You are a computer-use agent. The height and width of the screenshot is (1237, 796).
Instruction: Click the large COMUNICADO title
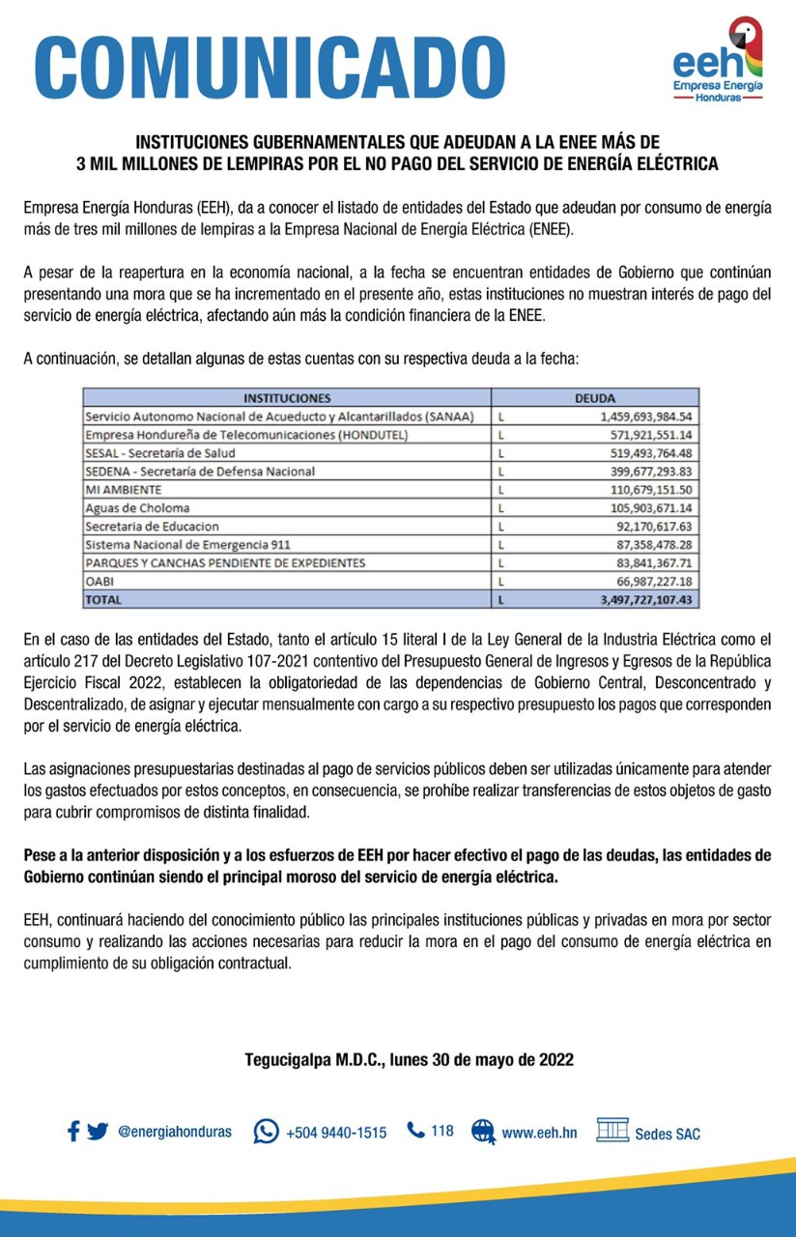[270, 65]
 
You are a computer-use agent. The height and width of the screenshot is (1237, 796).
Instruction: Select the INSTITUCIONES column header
[287, 397]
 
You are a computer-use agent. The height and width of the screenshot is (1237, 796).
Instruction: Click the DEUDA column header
[595, 397]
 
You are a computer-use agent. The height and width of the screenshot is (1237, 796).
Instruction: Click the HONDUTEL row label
[246, 435]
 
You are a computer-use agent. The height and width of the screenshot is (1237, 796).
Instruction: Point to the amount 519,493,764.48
[651, 453]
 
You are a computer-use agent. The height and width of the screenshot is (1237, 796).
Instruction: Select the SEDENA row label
[200, 472]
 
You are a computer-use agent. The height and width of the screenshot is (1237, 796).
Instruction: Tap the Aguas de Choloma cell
[137, 508]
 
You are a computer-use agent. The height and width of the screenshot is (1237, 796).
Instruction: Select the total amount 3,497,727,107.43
[647, 600]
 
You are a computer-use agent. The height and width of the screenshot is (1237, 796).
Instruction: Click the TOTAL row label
[104, 600]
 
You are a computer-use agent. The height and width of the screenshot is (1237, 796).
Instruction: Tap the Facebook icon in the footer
[73, 1132]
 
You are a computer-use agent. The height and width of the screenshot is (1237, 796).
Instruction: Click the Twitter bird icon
[98, 1132]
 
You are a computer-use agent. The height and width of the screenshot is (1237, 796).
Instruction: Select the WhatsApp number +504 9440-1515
[335, 1132]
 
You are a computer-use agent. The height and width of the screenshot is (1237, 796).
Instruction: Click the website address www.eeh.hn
[539, 1132]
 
